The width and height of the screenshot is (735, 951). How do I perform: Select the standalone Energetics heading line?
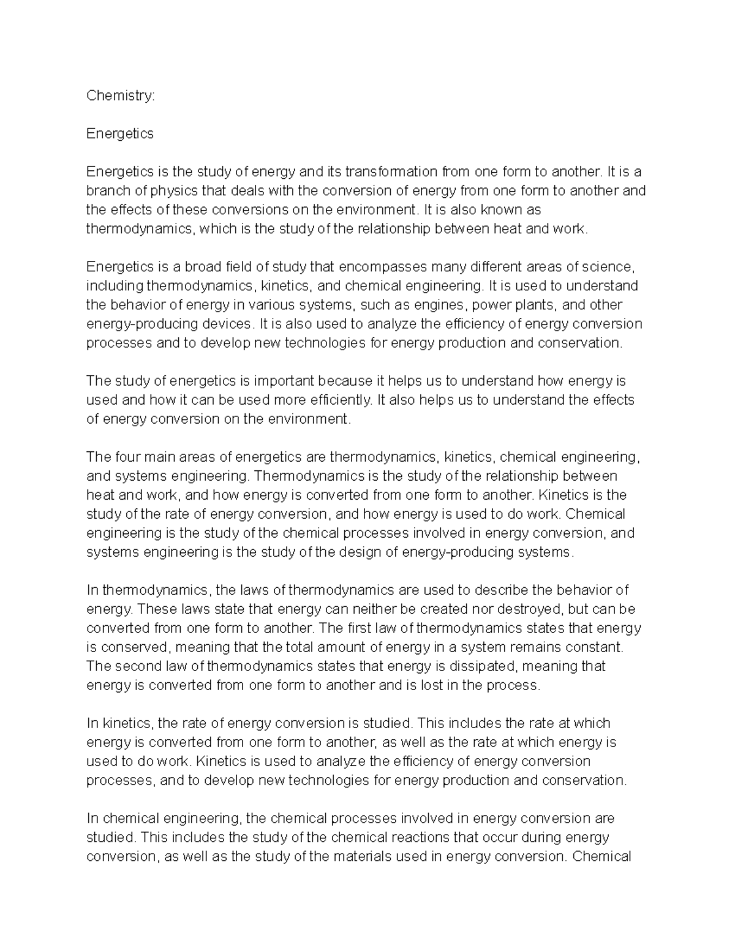tap(120, 133)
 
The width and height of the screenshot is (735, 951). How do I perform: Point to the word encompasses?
tap(383, 267)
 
